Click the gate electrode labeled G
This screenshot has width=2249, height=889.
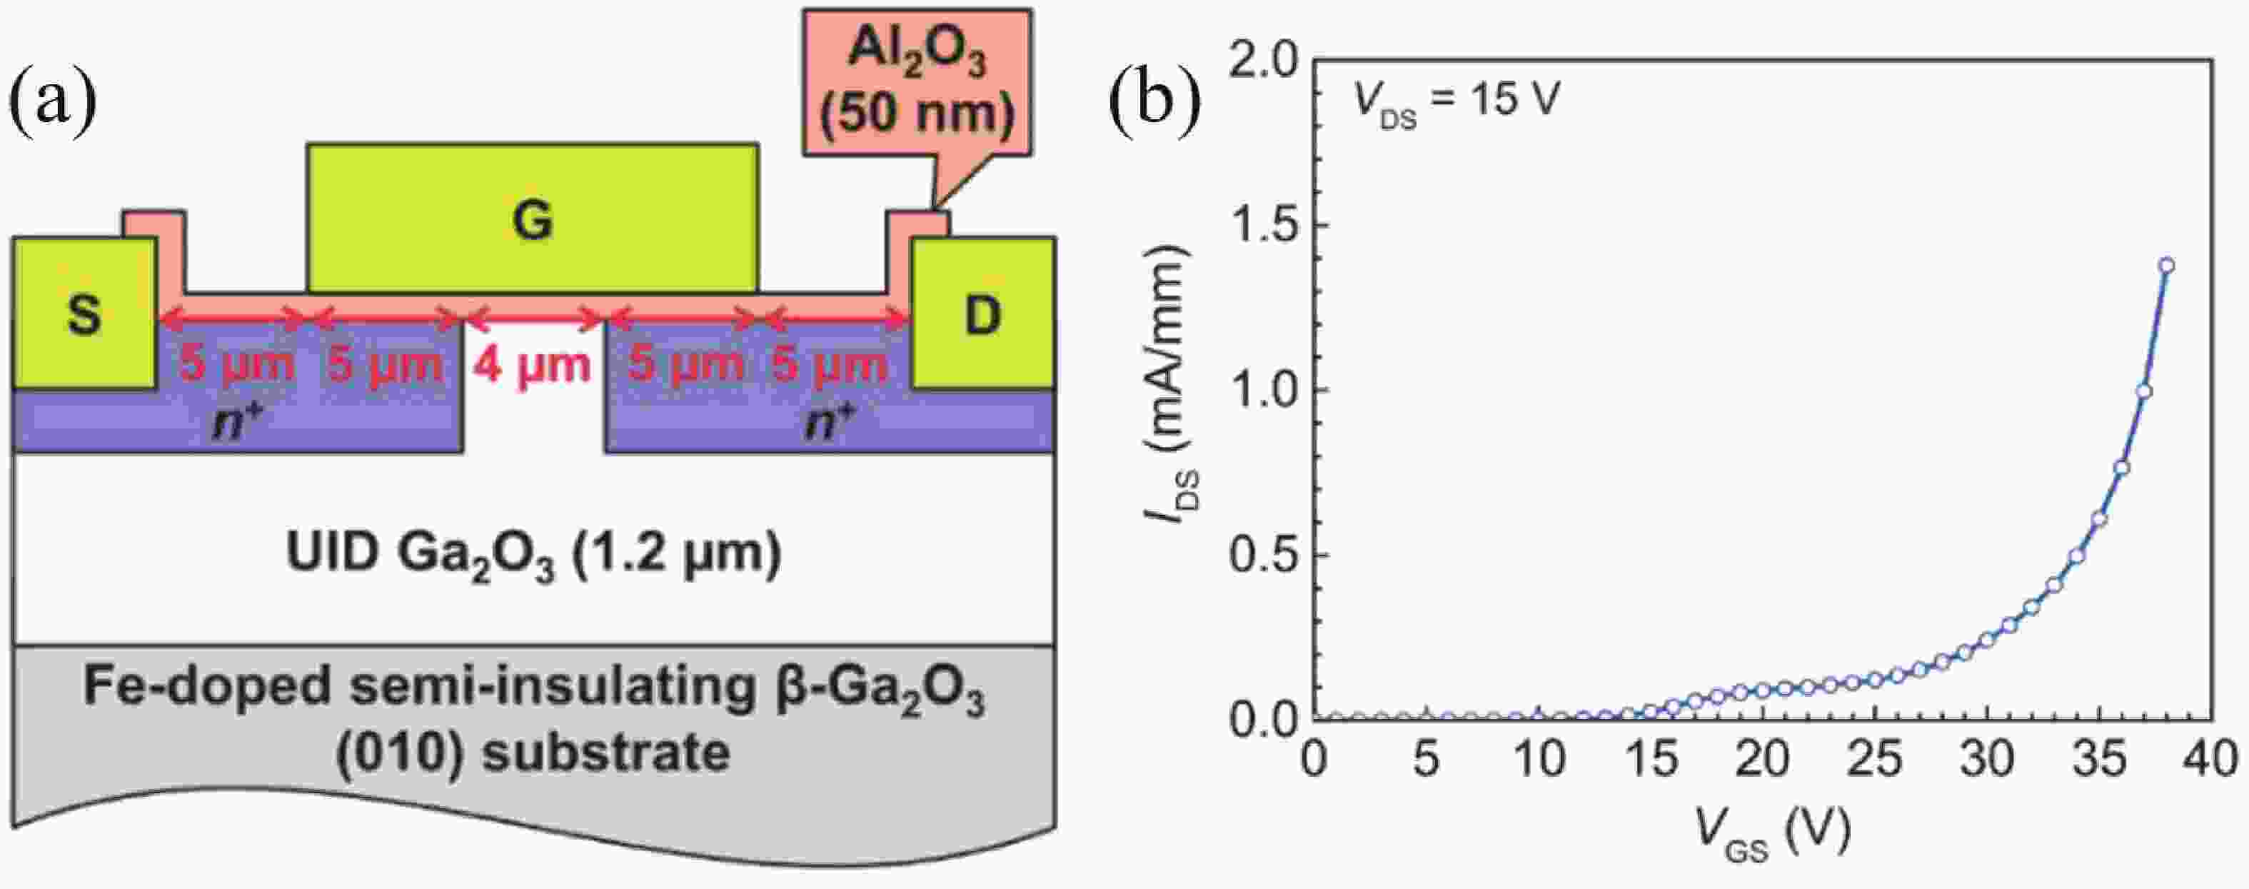[x=533, y=218]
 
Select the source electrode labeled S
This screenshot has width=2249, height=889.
[x=85, y=313]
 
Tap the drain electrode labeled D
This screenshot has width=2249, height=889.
[x=983, y=313]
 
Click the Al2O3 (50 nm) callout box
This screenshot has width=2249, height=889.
[x=917, y=83]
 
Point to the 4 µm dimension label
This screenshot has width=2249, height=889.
[x=533, y=364]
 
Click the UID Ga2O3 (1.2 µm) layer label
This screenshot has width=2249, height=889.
[x=533, y=556]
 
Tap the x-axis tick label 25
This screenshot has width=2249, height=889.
[x=1874, y=759]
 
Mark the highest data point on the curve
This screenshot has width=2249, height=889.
[x=2166, y=266]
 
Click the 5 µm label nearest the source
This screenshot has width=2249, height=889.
[x=236, y=364]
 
